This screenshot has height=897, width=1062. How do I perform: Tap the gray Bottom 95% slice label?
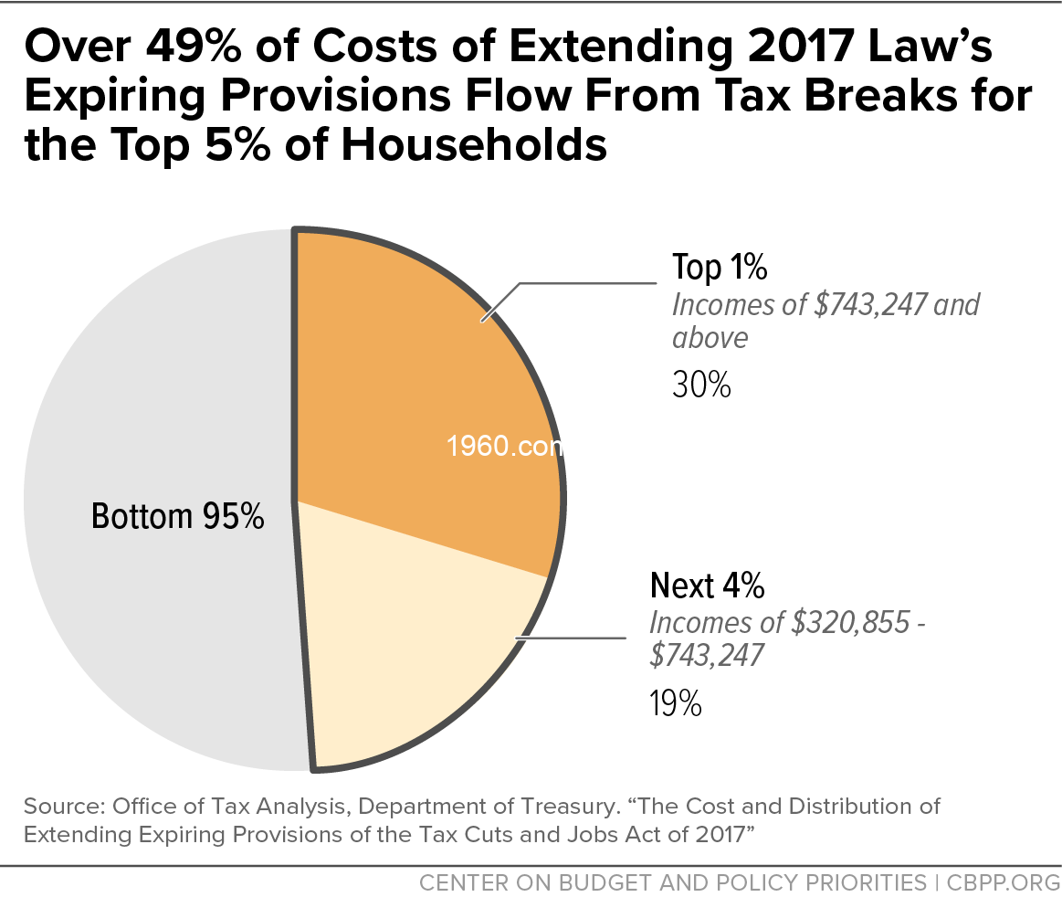coord(178,517)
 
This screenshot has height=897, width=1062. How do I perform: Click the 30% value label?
coord(701,386)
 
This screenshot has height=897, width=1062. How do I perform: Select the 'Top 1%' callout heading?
coord(720,268)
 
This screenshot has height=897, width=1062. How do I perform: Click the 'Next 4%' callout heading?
coord(707,585)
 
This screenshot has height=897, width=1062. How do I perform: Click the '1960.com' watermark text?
coord(501,449)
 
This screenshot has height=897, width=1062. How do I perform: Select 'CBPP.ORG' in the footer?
coord(1001,882)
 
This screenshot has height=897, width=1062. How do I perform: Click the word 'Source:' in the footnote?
coord(63,808)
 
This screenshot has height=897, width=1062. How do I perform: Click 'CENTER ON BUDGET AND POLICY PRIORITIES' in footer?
coord(671,882)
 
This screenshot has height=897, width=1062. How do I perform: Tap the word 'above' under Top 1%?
coord(710,338)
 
